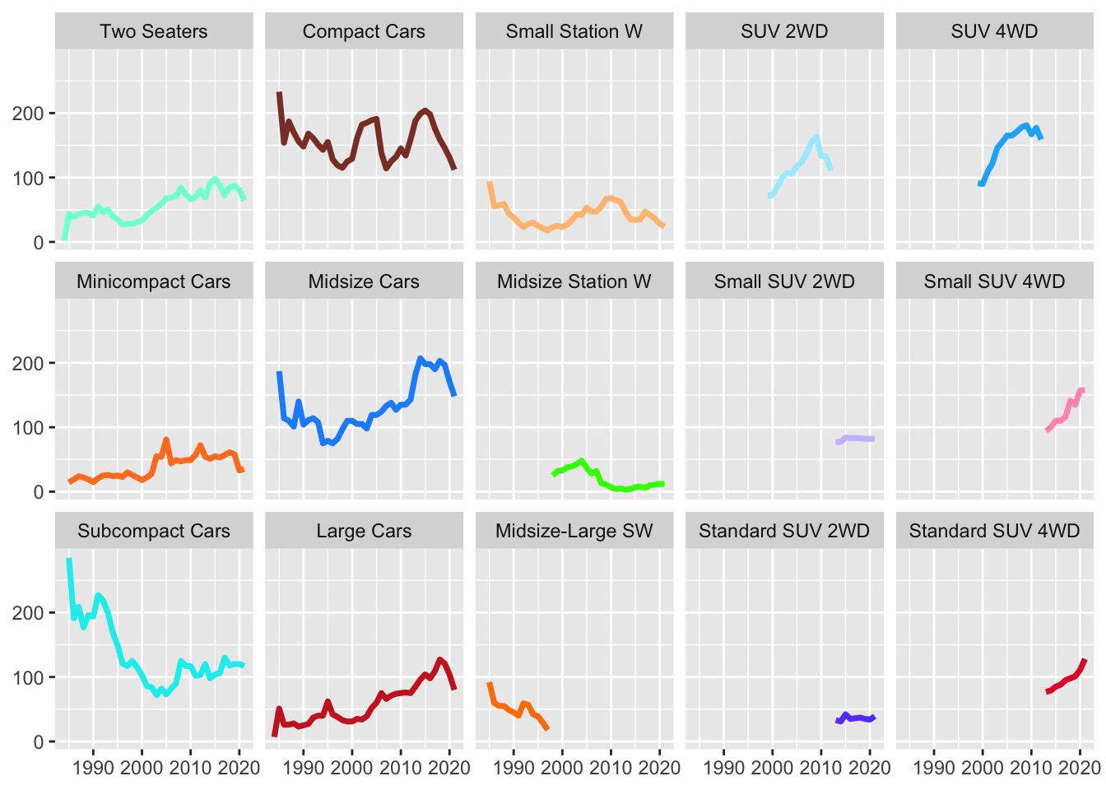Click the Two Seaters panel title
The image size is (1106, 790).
click(x=154, y=31)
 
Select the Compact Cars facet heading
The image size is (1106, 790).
click(x=364, y=31)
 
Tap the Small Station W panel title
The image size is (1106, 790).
click(x=574, y=31)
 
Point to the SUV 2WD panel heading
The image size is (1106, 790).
click(x=784, y=31)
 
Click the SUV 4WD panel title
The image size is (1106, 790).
click(x=994, y=31)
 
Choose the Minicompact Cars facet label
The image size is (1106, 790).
click(x=154, y=281)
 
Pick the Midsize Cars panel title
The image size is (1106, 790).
click(x=364, y=281)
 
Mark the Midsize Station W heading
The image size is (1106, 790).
click(x=574, y=281)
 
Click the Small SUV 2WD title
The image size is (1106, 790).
click(x=784, y=281)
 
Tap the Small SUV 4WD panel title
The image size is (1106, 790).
click(x=994, y=281)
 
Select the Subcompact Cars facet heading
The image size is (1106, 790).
click(x=154, y=531)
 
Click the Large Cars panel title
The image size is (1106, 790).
click(x=364, y=531)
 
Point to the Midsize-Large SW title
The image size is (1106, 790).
click(x=574, y=531)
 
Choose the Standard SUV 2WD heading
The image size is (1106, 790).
click(x=784, y=531)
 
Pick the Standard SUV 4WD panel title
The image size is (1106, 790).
click(x=994, y=531)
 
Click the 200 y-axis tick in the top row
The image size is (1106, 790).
click(x=28, y=114)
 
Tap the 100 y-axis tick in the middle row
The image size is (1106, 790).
click(x=28, y=428)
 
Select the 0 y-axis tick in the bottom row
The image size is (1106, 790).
click(x=38, y=742)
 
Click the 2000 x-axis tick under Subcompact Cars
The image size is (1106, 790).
click(x=142, y=769)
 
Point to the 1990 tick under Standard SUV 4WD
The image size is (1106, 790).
click(x=934, y=769)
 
